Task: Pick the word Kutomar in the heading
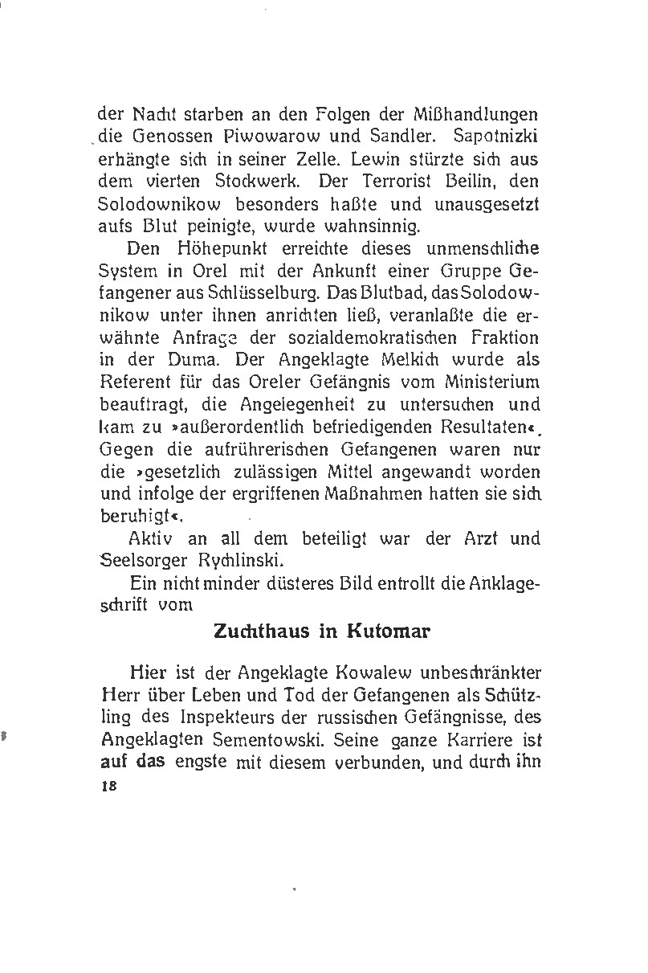pos(389,631)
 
